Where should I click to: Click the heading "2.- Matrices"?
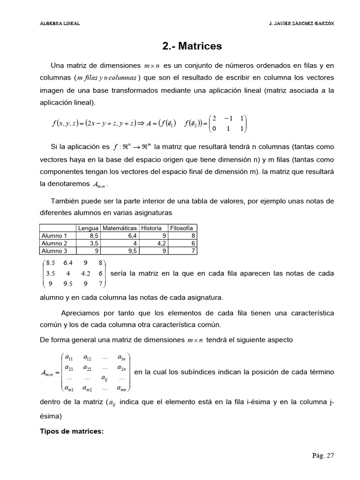[192, 46]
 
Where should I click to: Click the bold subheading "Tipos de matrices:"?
[70, 431]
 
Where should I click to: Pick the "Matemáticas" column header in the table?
[120, 228]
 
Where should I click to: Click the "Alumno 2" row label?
[54, 243]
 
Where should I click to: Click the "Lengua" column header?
[88, 228]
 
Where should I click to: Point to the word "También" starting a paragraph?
[64, 201]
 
